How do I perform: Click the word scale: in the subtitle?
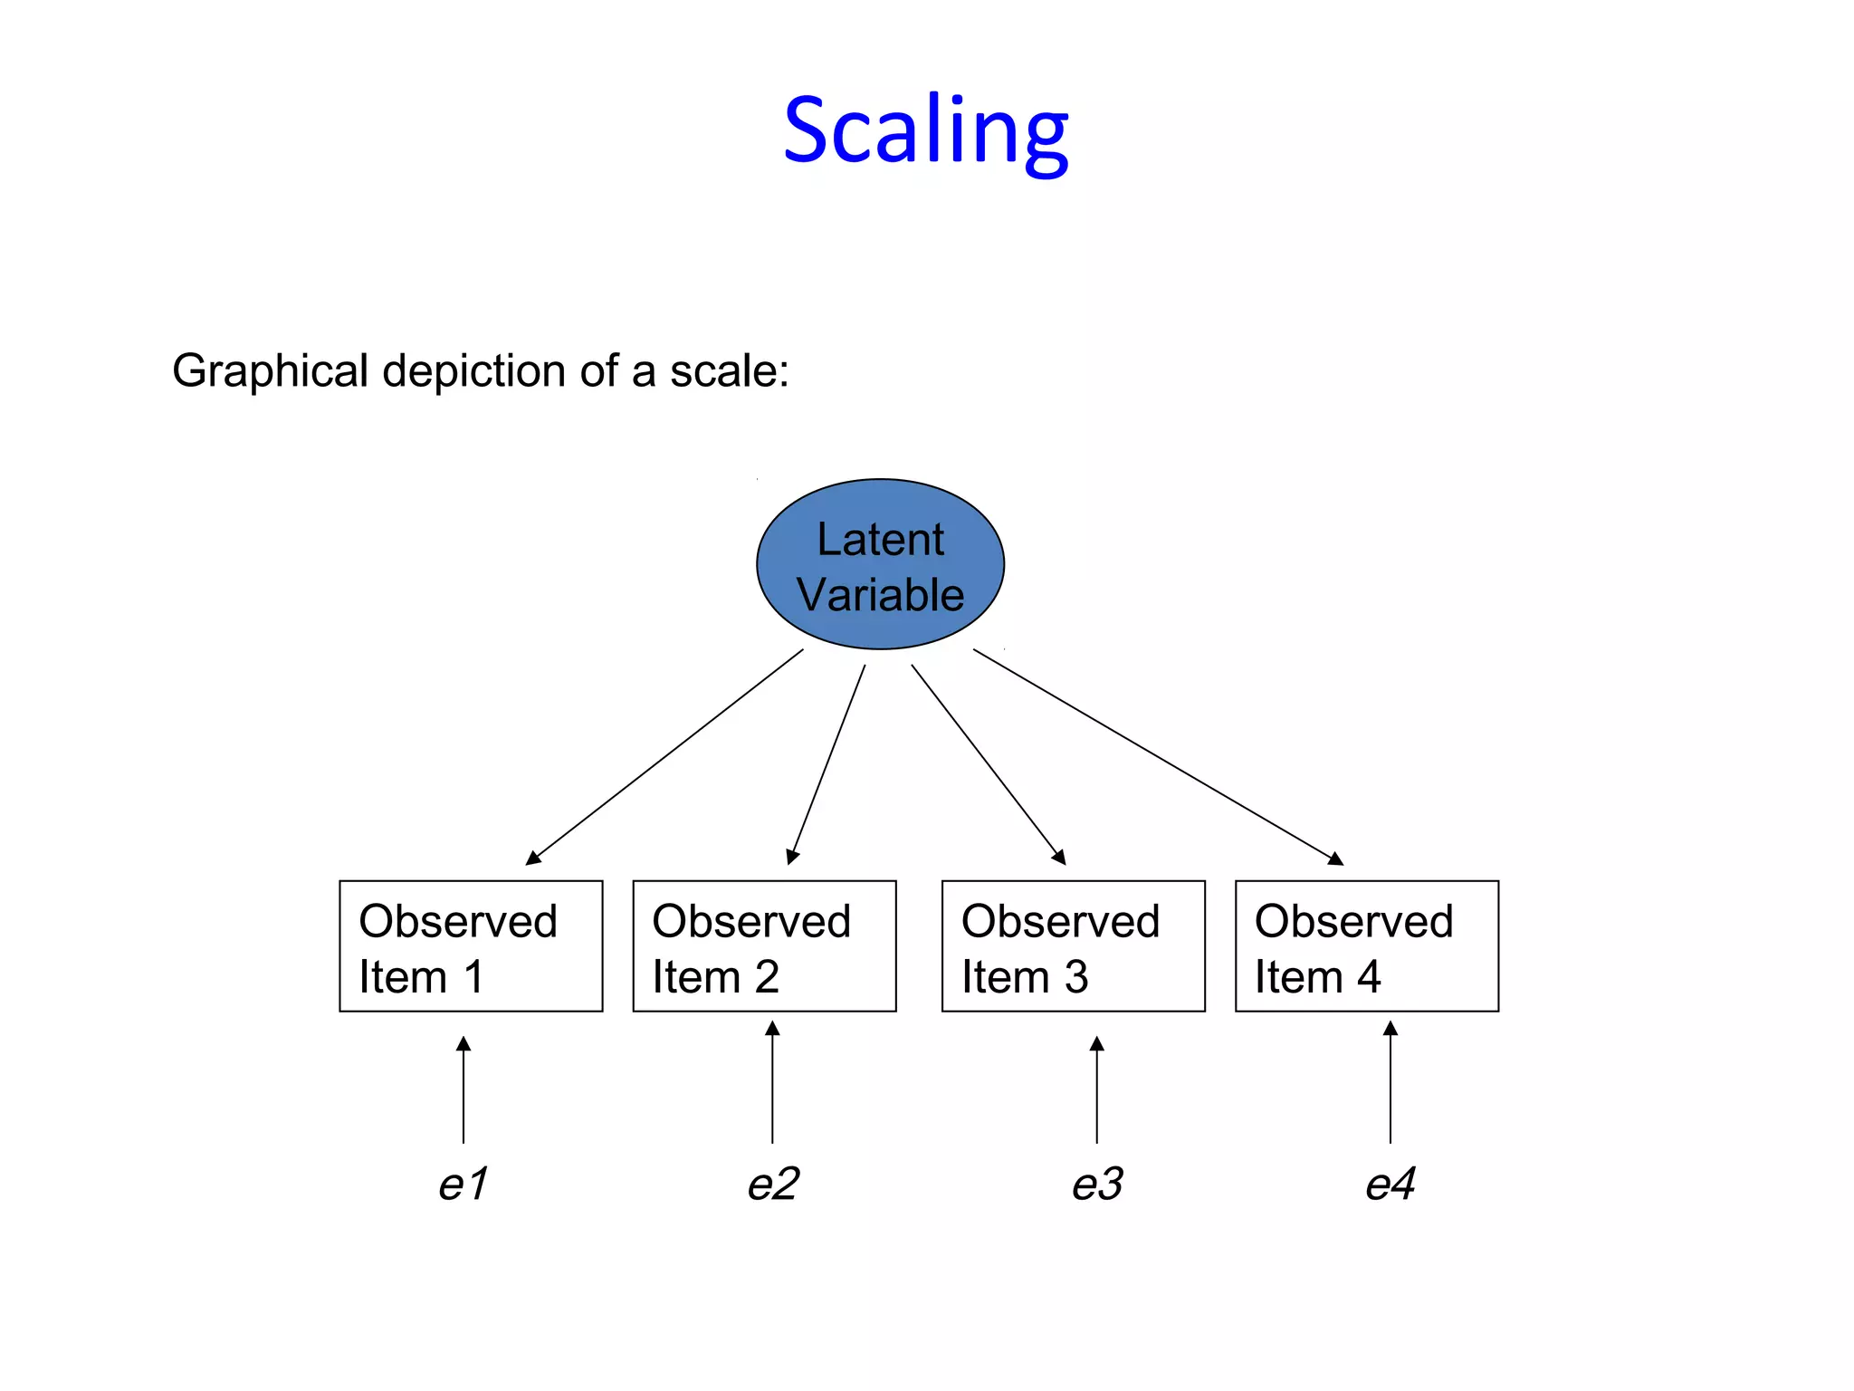coord(729,371)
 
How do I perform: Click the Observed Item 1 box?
coord(471,945)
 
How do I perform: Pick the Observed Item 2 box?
coord(764,945)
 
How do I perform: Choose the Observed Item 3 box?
coord(1073,945)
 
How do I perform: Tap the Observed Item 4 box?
coord(1366,945)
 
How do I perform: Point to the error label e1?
coord(463,1184)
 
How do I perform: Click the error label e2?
coord(772,1184)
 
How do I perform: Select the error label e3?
coord(1096,1184)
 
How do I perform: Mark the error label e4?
coord(1390,1184)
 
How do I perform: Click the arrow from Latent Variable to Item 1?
coord(665,756)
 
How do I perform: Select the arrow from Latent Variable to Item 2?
coord(827,763)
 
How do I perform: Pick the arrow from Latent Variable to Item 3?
coord(988,763)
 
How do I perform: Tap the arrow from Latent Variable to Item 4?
coord(1157,756)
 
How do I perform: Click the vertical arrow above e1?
coord(463,1091)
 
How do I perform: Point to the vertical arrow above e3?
coord(1096,1091)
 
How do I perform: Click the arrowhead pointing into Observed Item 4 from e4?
coord(1390,1029)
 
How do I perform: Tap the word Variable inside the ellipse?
coord(880,595)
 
